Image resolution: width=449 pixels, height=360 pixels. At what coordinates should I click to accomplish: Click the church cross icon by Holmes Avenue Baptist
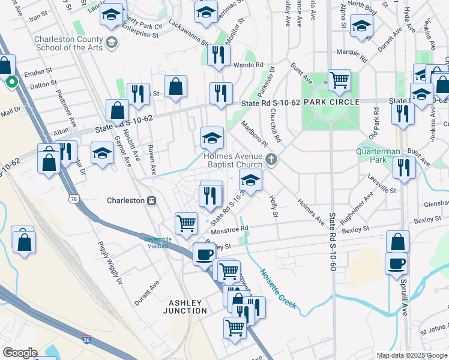[271, 160]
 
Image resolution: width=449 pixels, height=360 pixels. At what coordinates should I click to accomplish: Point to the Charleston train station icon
[152, 200]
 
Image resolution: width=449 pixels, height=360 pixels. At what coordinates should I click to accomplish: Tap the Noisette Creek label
[277, 289]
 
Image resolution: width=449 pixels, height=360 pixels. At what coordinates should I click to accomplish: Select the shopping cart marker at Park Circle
[340, 79]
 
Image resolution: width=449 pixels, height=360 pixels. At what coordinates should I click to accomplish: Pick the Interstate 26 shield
[88, 340]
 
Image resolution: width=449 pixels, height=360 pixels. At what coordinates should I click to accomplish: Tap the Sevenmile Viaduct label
[160, 242]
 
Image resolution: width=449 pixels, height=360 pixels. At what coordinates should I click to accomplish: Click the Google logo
[20, 353]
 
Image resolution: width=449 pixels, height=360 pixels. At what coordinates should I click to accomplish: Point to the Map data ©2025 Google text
[412, 355]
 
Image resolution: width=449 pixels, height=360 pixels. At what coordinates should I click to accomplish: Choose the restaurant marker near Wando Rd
[218, 55]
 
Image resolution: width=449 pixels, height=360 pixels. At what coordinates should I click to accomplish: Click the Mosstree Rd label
[229, 229]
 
